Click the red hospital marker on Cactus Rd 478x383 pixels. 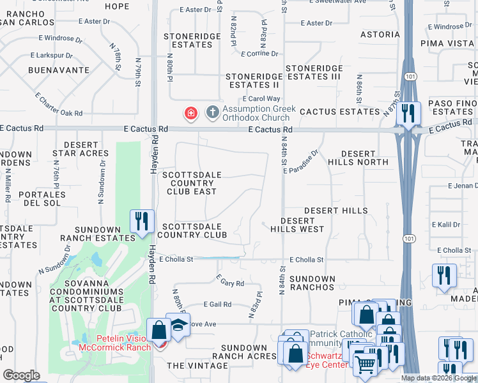[x=190, y=114]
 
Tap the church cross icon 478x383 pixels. [x=212, y=114]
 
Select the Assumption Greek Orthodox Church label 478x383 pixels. [x=259, y=113]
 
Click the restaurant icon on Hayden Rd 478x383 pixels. [x=140, y=221]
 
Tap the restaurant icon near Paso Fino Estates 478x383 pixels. [x=408, y=113]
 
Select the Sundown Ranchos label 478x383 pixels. [x=312, y=284]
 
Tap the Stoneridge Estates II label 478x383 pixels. [x=254, y=80]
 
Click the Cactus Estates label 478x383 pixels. [x=339, y=112]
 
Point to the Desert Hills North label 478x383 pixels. [x=364, y=158]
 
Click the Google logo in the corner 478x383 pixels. [x=21, y=375]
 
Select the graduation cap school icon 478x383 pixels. [x=178, y=324]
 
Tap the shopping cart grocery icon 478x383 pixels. [x=364, y=365]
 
